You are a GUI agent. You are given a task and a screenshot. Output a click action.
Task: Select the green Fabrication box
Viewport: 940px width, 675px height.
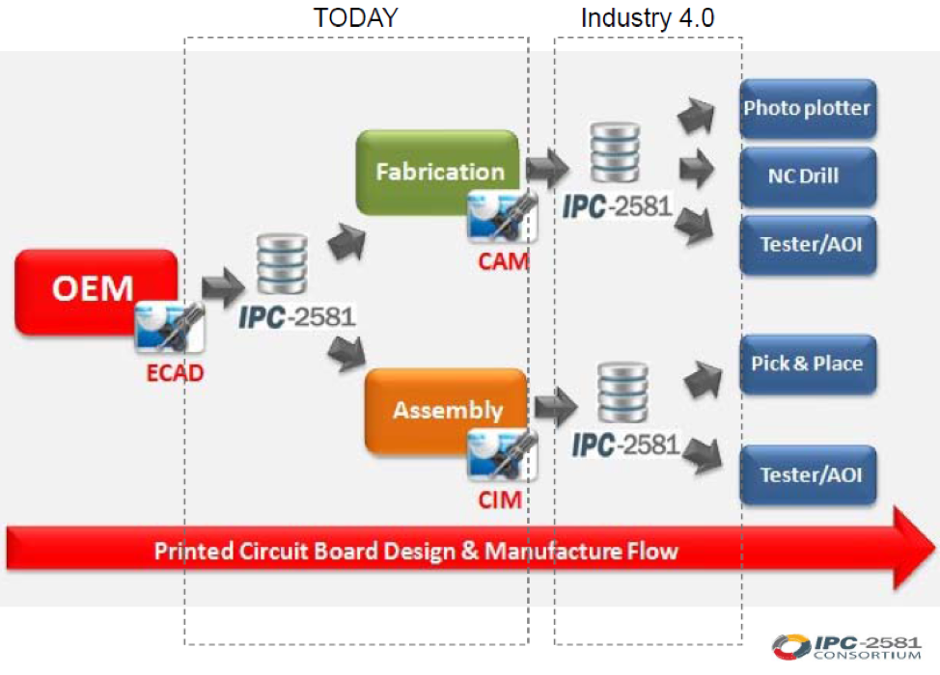click(439, 173)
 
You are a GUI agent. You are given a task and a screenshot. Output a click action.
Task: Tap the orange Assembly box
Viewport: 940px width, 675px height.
click(447, 410)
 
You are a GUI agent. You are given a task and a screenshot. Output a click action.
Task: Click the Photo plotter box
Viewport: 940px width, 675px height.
click(807, 107)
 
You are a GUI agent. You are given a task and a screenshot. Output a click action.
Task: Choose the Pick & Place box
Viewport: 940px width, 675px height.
click(807, 364)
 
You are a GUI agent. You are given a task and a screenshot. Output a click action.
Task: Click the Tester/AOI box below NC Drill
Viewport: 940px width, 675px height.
click(807, 244)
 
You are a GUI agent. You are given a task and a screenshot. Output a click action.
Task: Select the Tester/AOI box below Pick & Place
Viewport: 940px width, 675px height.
click(807, 474)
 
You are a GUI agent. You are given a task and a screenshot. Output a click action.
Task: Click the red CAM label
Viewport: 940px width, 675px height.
click(503, 260)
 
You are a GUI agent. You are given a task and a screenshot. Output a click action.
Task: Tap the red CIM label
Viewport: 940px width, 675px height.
click(500, 499)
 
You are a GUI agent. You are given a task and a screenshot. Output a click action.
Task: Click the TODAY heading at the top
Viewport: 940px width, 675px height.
click(356, 17)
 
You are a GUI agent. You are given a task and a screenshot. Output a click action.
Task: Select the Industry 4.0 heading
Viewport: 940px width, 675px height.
click(648, 17)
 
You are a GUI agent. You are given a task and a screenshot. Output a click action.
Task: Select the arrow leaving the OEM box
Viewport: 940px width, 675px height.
click(224, 285)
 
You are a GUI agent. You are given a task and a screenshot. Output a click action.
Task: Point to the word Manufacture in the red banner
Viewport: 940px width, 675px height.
click(546, 552)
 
